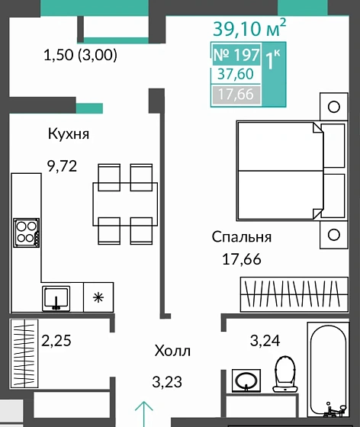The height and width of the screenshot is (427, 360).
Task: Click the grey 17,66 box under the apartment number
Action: click(x=235, y=95)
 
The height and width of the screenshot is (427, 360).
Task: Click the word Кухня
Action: click(x=69, y=134)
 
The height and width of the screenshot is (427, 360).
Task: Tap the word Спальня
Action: click(x=242, y=237)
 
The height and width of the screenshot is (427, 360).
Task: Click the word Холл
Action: click(x=172, y=352)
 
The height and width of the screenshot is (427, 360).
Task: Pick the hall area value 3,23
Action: click(x=168, y=381)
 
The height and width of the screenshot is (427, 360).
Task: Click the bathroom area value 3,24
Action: click(x=265, y=340)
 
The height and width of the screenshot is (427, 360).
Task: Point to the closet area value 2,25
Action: click(x=56, y=340)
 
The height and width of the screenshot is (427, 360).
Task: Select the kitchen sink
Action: click(x=56, y=297)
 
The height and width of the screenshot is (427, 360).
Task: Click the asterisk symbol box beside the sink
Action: click(x=97, y=297)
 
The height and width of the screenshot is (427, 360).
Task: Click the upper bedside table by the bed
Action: click(x=333, y=106)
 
